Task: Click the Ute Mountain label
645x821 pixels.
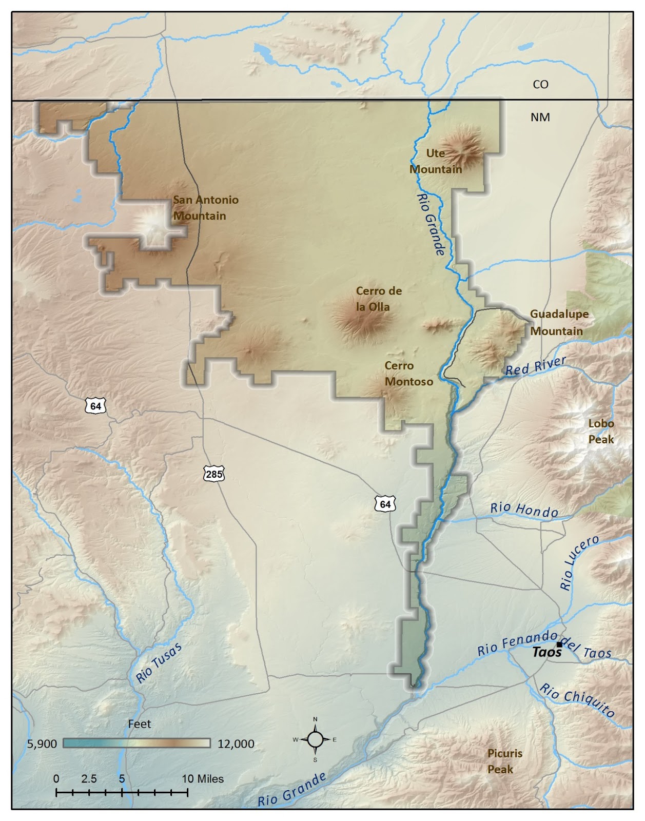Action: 436,161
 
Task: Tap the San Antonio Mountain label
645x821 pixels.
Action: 205,208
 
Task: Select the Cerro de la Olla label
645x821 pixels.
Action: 378,299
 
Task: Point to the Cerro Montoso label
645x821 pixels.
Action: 408,374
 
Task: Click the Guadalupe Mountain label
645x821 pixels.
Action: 559,322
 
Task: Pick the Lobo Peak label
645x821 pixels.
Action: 601,432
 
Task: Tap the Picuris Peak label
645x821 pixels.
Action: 504,761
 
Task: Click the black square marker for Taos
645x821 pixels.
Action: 559,644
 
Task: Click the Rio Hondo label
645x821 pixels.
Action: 524,510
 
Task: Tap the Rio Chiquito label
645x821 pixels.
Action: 577,700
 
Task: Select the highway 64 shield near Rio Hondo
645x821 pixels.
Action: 385,504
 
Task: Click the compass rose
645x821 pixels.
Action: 315,739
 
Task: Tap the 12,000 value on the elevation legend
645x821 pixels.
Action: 236,744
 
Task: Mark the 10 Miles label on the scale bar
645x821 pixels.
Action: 203,778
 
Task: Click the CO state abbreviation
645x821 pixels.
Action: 540,84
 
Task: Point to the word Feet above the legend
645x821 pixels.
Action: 139,724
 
